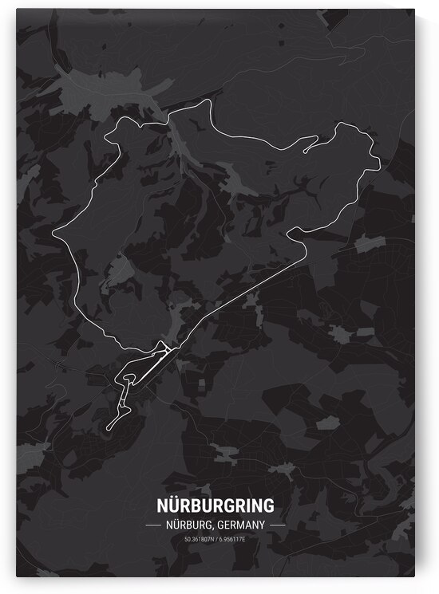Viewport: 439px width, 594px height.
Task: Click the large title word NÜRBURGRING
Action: pos(216,505)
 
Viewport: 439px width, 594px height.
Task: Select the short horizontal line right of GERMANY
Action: pos(277,525)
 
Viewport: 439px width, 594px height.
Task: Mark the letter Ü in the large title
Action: pos(178,505)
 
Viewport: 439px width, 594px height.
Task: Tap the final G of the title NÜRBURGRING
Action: pos(268,505)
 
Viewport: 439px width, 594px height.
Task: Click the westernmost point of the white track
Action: pos(53,234)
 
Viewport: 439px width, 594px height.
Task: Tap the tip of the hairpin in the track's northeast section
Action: pos(305,149)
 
